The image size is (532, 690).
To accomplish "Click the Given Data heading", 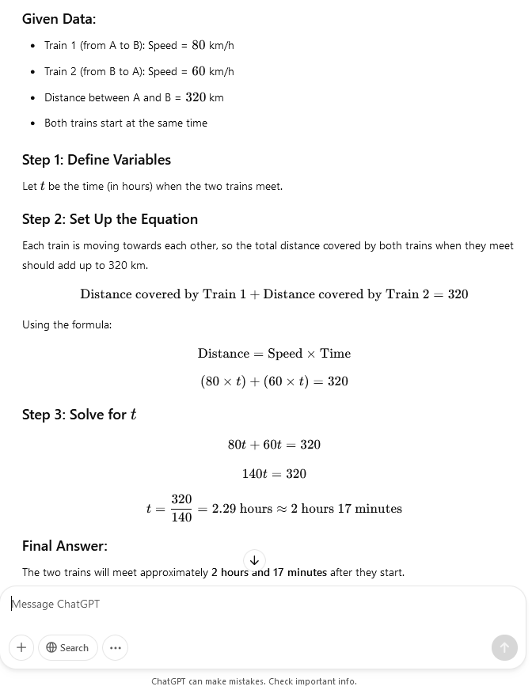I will click(x=59, y=18).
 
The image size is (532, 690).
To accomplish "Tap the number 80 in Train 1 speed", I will click(x=198, y=45).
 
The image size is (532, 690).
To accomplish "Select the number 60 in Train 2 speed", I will click(x=198, y=71).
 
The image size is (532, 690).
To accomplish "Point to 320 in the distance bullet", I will click(x=196, y=97).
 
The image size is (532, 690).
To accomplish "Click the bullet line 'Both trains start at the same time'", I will click(x=125, y=123).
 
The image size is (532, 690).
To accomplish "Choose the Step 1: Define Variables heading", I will click(x=97, y=160).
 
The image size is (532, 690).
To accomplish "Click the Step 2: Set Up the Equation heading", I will click(x=110, y=219).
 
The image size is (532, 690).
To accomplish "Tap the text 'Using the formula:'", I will click(x=66, y=324).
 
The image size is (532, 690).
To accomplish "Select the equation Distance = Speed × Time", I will click(x=274, y=354).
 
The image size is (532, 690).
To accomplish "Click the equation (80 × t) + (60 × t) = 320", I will click(x=274, y=381).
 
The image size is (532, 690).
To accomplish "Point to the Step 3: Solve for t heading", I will click(x=79, y=415).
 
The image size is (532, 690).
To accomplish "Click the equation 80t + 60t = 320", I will click(x=274, y=445).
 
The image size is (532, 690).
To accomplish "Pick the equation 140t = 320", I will click(x=274, y=474).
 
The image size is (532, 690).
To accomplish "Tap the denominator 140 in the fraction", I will click(x=181, y=517).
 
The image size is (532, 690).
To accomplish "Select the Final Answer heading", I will click(x=65, y=546).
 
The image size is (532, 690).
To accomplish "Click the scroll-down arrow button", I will click(x=254, y=560).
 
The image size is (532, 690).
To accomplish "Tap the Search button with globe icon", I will click(x=68, y=647).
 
